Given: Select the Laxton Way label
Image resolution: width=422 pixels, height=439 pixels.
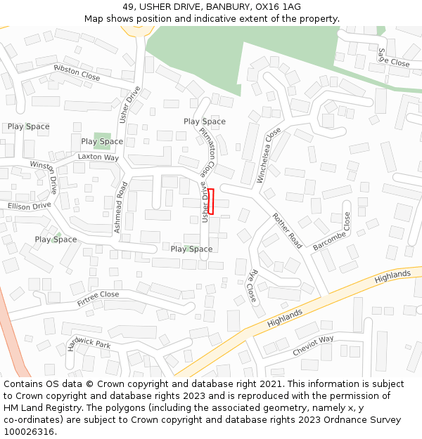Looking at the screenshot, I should [x=98, y=157].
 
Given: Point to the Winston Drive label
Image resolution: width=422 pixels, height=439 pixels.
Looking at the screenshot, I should [x=44, y=176].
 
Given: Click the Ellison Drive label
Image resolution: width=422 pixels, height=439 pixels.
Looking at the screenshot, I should [x=30, y=206].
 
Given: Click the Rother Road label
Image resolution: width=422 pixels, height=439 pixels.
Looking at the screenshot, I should [x=287, y=230].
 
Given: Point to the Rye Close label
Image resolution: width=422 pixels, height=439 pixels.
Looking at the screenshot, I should [x=252, y=285].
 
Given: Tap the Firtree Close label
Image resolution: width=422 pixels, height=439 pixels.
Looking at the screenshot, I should [x=98, y=299].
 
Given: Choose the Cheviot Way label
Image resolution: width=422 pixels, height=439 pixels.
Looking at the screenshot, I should [x=314, y=345].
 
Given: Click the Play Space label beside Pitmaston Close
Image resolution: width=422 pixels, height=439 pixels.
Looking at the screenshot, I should [x=205, y=122].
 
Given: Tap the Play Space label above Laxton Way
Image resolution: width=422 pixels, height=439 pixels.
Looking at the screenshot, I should [x=102, y=141].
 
